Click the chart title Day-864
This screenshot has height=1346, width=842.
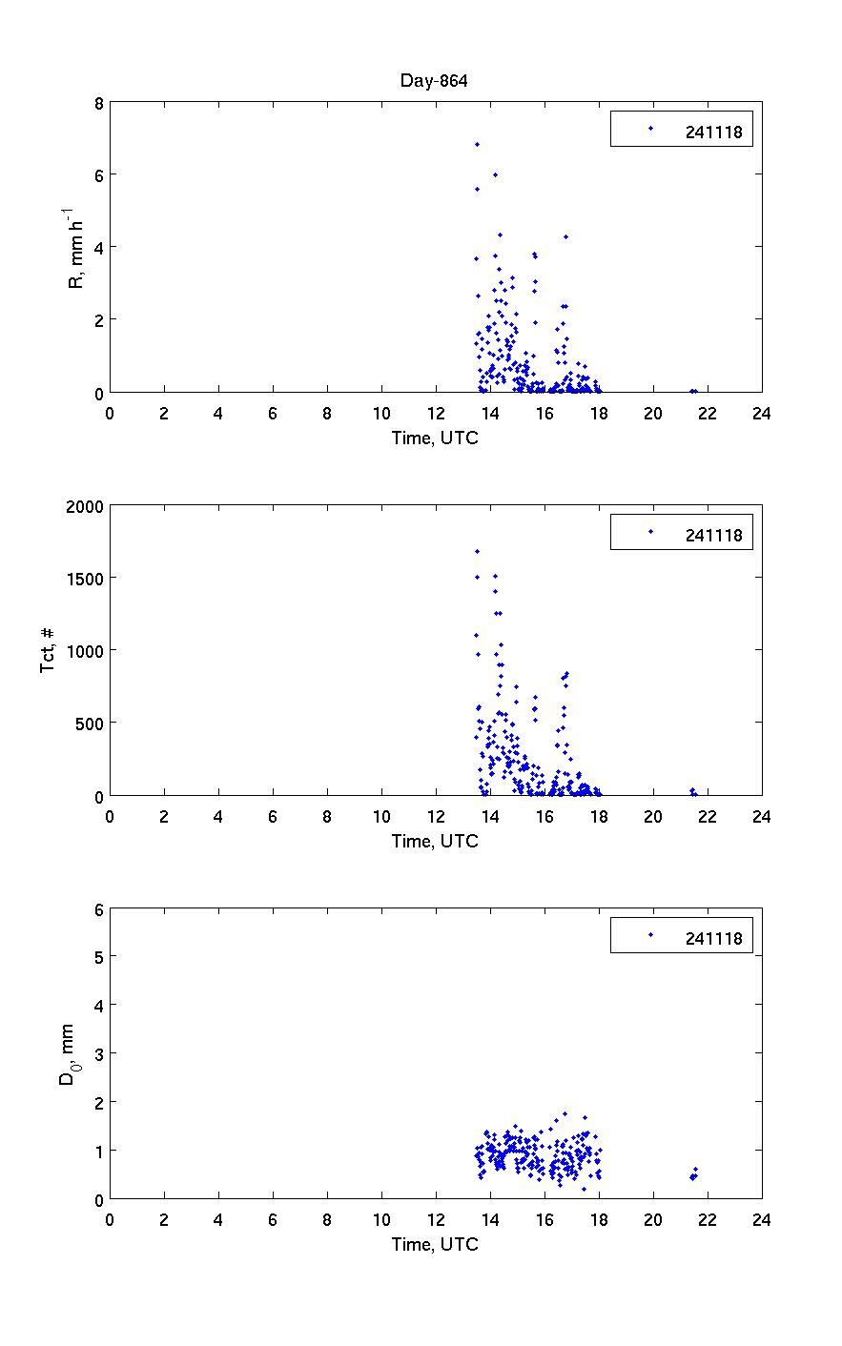tap(434, 81)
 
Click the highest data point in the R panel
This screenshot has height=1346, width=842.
tap(477, 144)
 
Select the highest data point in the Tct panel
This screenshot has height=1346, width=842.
tap(477, 551)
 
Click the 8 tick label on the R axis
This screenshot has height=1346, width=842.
tap(98, 102)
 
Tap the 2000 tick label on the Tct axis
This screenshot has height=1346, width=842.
tap(83, 505)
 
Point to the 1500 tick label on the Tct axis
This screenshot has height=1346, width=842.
tap(83, 578)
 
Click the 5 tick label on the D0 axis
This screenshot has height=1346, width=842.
tap(98, 956)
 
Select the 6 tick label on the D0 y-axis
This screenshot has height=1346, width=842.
tap(98, 909)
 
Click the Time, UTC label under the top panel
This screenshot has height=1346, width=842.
tap(435, 438)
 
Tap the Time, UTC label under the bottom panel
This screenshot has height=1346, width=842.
tap(435, 1244)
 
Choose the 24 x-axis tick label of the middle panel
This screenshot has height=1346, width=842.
tap(761, 816)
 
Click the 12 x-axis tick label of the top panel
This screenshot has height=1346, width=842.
tap(436, 413)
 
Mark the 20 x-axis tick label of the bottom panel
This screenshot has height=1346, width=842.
tap(652, 1219)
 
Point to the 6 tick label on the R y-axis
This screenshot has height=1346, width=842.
tap(98, 174)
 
